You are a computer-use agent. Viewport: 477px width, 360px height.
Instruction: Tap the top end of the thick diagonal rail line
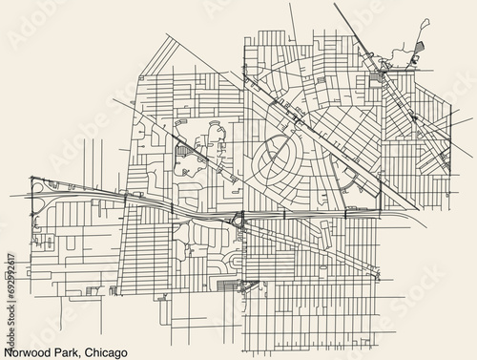coord(335,5)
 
